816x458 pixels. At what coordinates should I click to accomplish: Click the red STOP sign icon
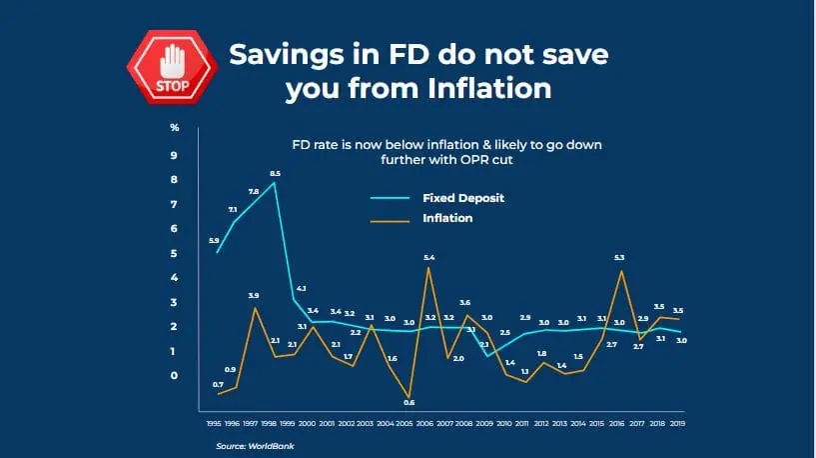pyautogui.click(x=172, y=67)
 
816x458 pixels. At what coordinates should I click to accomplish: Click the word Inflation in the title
pyautogui.click(x=489, y=88)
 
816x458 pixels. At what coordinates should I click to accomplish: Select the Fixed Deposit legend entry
pyautogui.click(x=463, y=198)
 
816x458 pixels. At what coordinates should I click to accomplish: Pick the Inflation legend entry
pyautogui.click(x=447, y=217)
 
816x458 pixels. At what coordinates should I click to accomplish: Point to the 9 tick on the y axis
pyautogui.click(x=173, y=155)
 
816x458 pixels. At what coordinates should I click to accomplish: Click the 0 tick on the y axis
pyautogui.click(x=173, y=376)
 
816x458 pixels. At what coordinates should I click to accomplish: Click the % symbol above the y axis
pyautogui.click(x=174, y=127)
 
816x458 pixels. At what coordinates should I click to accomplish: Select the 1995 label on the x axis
pyautogui.click(x=214, y=424)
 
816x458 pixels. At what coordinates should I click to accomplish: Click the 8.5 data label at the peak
pyautogui.click(x=275, y=174)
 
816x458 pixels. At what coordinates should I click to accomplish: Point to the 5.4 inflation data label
pyautogui.click(x=429, y=258)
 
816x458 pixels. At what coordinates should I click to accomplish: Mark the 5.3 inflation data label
pyautogui.click(x=620, y=258)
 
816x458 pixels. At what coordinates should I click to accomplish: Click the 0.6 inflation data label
pyautogui.click(x=409, y=402)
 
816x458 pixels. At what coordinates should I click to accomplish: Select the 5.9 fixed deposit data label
pyautogui.click(x=214, y=241)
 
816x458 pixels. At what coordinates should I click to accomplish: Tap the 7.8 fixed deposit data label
pyautogui.click(x=253, y=191)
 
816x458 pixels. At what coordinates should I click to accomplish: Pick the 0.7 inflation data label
pyautogui.click(x=218, y=385)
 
